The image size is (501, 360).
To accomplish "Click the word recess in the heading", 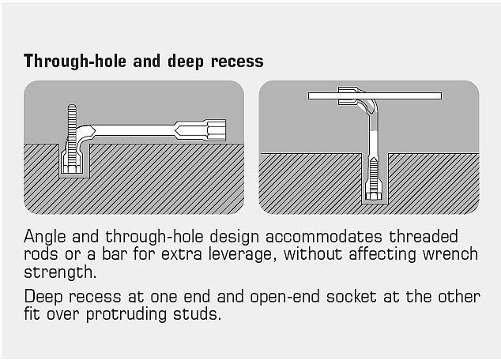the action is [237, 62].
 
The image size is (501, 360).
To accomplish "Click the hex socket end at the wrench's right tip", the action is [217, 130].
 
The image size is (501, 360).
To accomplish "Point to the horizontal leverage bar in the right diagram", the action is [375, 96].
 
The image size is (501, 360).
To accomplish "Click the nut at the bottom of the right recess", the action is [374, 196].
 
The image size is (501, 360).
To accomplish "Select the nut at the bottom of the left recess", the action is [72, 168].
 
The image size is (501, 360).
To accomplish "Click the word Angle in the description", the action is [45, 237].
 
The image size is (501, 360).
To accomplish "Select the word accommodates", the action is [324, 237].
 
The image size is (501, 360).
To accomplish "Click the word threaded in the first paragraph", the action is [424, 237].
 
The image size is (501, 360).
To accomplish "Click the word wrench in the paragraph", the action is [450, 254].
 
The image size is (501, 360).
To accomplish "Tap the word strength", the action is [60, 272].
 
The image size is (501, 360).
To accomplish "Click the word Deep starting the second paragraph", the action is [43, 297].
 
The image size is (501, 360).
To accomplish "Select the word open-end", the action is [284, 297].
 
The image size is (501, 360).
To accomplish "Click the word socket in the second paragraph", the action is [352, 297].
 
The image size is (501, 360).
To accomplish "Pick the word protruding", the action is [126, 315].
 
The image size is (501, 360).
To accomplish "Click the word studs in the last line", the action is [197, 314].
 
